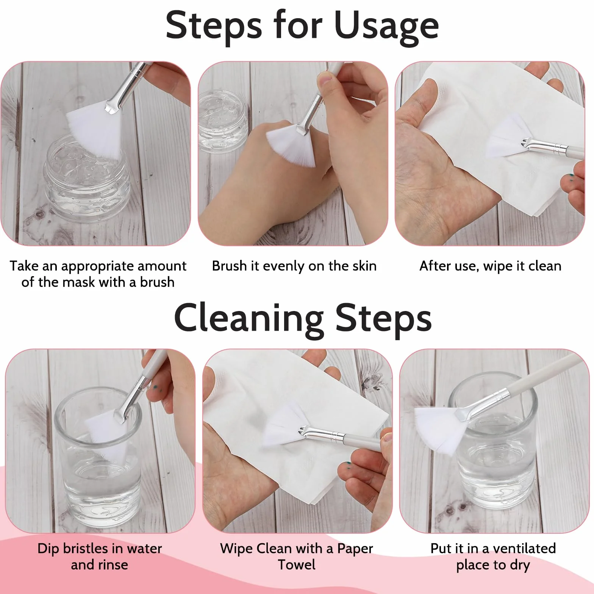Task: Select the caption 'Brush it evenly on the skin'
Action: pos(294,266)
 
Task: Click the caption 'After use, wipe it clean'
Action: pos(490,266)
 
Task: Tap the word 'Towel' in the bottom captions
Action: pos(297,564)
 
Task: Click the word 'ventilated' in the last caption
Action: pos(524,548)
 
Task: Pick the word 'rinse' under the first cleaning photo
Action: pos(113,565)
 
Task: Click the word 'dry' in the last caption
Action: pos(519,565)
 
